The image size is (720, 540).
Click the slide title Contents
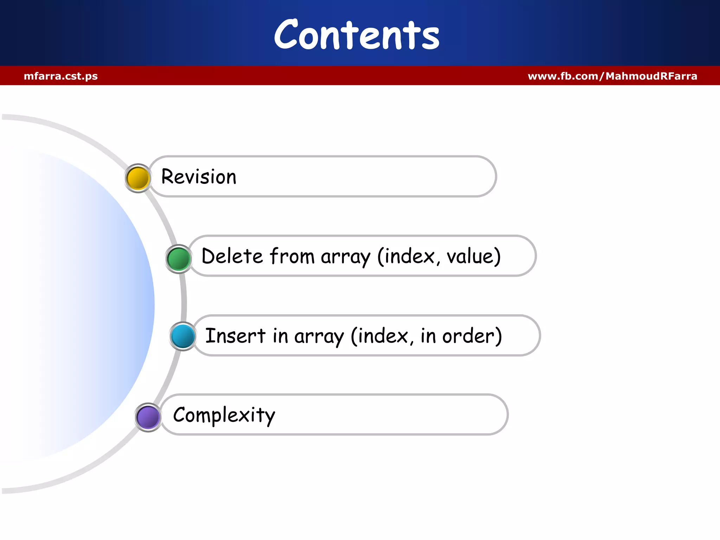click(356, 35)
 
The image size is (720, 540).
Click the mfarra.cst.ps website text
click(61, 76)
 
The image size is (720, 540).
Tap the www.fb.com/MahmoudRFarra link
click(612, 76)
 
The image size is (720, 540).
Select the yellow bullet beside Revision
click(138, 178)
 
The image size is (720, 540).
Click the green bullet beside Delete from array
click(179, 259)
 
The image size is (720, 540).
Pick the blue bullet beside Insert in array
click(183, 336)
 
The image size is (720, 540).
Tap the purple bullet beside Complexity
click(148, 417)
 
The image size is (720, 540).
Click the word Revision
click(199, 176)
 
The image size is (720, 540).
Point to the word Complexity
click(224, 415)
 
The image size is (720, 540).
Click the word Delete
click(232, 256)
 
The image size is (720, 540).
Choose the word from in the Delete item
click(292, 256)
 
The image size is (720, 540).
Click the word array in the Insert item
click(319, 337)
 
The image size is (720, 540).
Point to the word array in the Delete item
click(346, 257)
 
